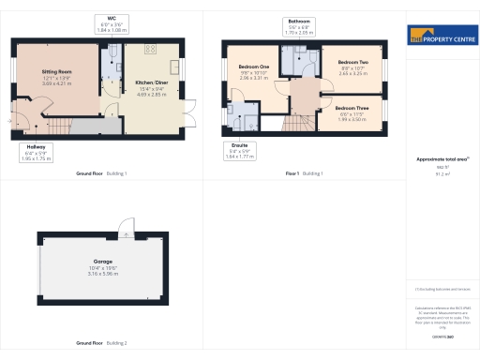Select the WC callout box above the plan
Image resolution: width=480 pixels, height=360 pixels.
[112, 24]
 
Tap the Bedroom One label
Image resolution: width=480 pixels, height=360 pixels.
[253, 67]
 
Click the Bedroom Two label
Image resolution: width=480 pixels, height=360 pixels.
[352, 62]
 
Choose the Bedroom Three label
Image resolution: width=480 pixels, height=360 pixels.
[352, 108]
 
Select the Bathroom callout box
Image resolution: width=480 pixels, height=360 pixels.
[299, 24]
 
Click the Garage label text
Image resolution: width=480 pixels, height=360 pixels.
[102, 262]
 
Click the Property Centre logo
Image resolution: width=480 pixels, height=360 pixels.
[442, 37]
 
